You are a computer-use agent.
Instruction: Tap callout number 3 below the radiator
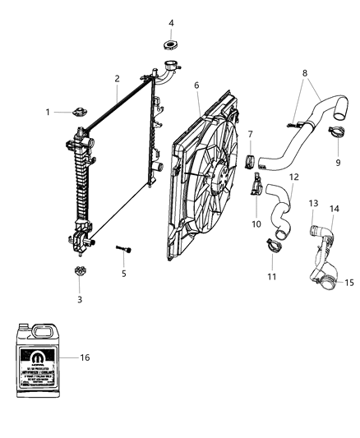coord(80,299)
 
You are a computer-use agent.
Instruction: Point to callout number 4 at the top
coord(171,22)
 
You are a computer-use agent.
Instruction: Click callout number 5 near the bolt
coord(124,273)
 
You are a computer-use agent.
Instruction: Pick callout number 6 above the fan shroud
coord(196,85)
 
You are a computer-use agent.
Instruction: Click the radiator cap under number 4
coord(171,45)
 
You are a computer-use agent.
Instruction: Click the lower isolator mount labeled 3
coord(80,273)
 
